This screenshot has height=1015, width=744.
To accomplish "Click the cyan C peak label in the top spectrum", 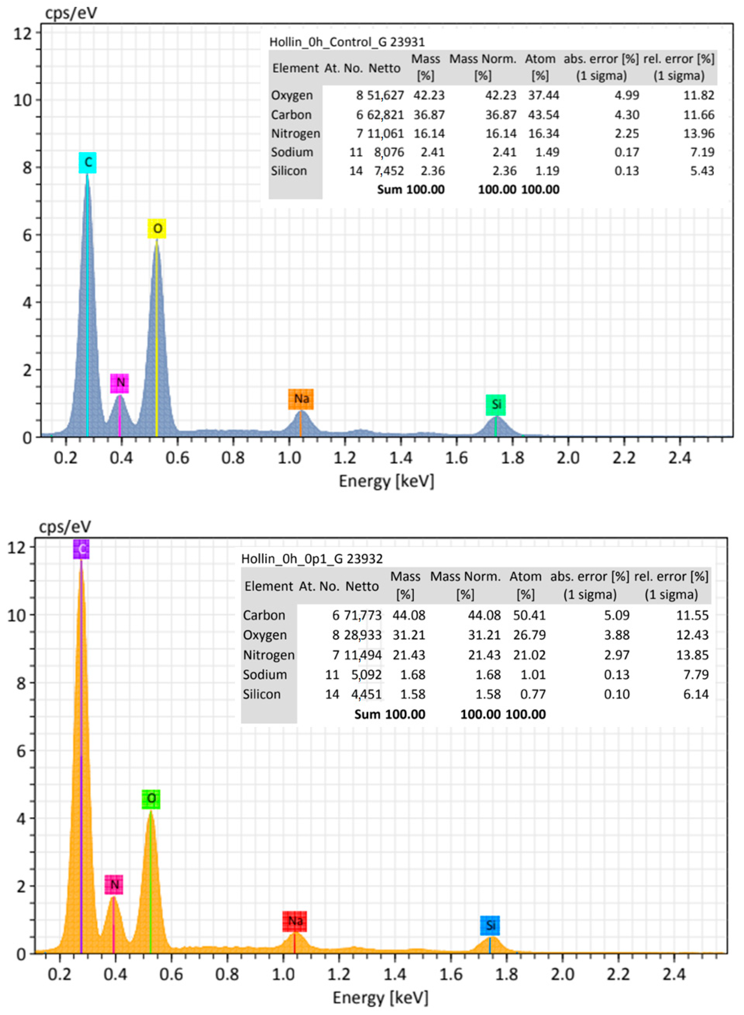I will tap(87, 162).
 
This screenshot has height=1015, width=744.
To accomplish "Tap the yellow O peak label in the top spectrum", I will tap(157, 229).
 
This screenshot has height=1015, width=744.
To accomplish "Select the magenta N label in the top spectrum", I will tap(120, 383).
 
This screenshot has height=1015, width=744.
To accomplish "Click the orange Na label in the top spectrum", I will tap(301, 399).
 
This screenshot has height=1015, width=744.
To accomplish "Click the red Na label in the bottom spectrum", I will tap(295, 921).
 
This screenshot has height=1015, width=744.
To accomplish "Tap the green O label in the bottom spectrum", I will tap(151, 799).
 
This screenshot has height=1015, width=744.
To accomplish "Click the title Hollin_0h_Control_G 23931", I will tap(347, 42).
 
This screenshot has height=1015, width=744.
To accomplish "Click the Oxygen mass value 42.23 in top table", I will tap(429, 95).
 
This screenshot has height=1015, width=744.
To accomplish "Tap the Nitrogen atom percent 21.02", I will tap(529, 655).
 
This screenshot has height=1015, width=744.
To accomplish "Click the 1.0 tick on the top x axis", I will tap(289, 458).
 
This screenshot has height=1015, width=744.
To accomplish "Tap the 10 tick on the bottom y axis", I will tap(16, 615).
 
